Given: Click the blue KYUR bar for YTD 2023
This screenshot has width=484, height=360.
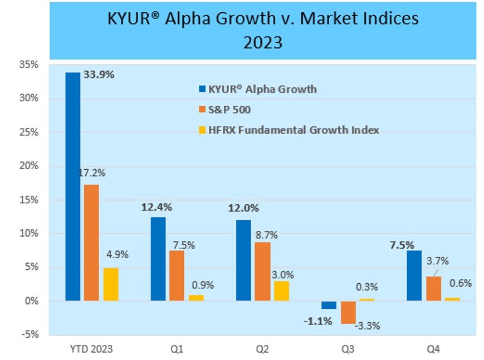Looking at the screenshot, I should [72, 186].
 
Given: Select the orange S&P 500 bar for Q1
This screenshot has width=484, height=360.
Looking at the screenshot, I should [177, 275].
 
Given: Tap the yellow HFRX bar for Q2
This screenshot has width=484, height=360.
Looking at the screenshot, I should [281, 290].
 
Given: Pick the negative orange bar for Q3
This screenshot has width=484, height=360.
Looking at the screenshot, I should [349, 312].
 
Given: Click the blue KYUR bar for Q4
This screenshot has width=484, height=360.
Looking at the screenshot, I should [414, 275].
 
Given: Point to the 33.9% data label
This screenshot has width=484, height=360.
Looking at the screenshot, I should [99, 74].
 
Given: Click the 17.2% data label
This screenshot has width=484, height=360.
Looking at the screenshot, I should [92, 173].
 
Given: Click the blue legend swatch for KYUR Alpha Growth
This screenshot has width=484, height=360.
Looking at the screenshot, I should [202, 89].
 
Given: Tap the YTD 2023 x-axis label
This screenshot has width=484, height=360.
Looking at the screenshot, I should [92, 349].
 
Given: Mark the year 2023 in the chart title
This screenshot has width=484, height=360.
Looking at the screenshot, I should [263, 42].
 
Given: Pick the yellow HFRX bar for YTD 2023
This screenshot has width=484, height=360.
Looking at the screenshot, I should [110, 284].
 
